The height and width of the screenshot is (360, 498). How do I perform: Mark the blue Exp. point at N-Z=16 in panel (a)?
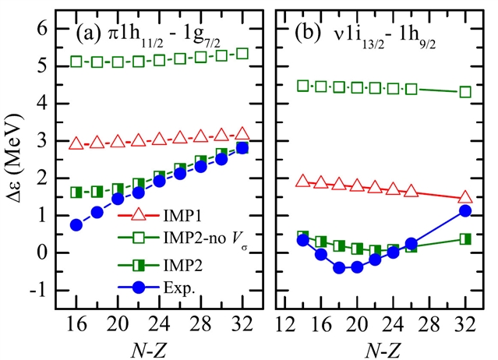(x=76, y=224)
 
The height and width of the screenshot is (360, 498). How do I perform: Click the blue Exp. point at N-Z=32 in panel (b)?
(x=466, y=210)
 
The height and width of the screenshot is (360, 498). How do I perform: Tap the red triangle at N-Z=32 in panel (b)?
(x=466, y=198)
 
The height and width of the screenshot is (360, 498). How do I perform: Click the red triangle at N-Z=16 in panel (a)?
(x=76, y=143)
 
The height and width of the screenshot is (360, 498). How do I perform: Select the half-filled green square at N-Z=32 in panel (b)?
(x=466, y=238)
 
